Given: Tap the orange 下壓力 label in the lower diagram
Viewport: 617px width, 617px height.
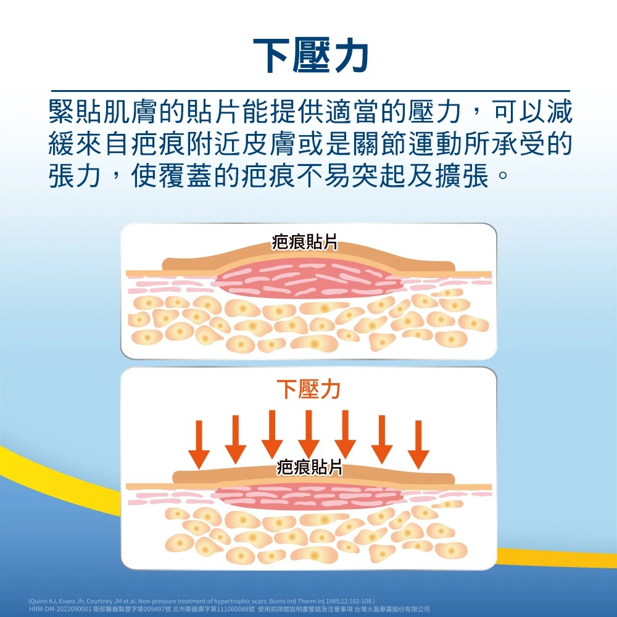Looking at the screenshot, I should pos(308,390).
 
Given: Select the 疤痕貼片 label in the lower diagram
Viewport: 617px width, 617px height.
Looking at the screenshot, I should pos(308,467).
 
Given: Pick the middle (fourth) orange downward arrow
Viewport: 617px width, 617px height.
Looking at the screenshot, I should pos(308,435).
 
